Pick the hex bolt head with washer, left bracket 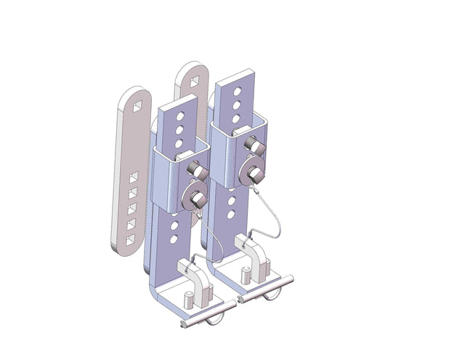pyautogui.click(x=195, y=200)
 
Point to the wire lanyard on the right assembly pyautogui.click(x=272, y=218)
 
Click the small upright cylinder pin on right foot pyautogui.click(x=246, y=274)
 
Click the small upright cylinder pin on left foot pyautogui.click(x=187, y=299)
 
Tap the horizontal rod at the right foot pyautogui.click(x=264, y=288)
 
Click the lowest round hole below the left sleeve pyautogui.click(x=175, y=239)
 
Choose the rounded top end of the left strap pyautogui.click(x=135, y=93)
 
